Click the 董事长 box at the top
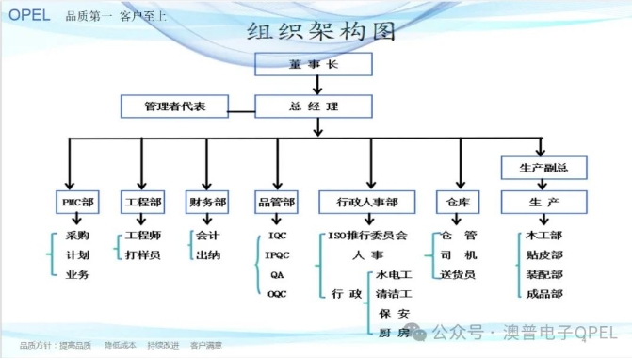[x=315, y=64]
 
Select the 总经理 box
[x=315, y=106]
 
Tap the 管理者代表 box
[x=175, y=106]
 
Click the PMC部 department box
[x=77, y=202]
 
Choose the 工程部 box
[x=142, y=202]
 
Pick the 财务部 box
[x=207, y=202]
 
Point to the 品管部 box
[x=276, y=202]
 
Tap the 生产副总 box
[x=543, y=169]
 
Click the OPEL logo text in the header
[x=29, y=14]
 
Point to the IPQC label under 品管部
[x=278, y=254]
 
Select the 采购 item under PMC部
[x=78, y=235]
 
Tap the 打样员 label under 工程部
[x=142, y=254]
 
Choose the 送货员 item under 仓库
[x=459, y=274]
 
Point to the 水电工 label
[x=394, y=274]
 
